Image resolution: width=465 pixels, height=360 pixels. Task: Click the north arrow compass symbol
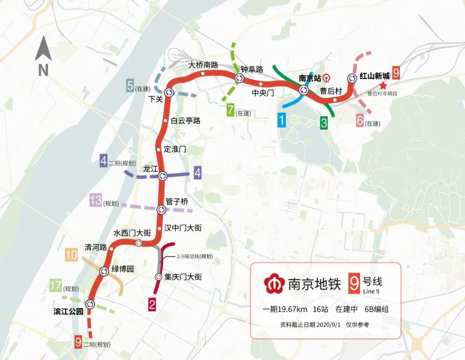coord(43,49)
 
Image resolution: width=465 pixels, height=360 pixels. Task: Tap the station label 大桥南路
coord(204,65)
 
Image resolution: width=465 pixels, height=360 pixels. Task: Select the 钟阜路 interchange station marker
coord(239,78)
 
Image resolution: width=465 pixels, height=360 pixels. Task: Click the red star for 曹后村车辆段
coord(383,86)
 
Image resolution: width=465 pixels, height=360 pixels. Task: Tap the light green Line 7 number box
coord(231,111)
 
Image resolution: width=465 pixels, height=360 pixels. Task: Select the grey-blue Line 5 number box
coord(130,86)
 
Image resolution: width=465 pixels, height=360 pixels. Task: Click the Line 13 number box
coord(96,200)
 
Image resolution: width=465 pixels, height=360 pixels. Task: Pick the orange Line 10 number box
coord(71,255)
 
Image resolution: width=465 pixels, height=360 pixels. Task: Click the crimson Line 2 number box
coord(152,305)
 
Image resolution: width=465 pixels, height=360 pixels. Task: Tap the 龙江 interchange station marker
coord(162,175)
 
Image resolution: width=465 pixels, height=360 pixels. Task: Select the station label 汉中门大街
coord(183,228)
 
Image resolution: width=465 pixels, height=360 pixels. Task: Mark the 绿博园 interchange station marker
coord(104,271)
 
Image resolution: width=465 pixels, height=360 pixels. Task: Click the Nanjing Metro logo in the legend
coord(274,284)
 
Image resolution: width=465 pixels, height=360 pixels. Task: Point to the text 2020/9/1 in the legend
coord(329,325)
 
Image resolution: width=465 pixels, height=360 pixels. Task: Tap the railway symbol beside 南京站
coord(327,78)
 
